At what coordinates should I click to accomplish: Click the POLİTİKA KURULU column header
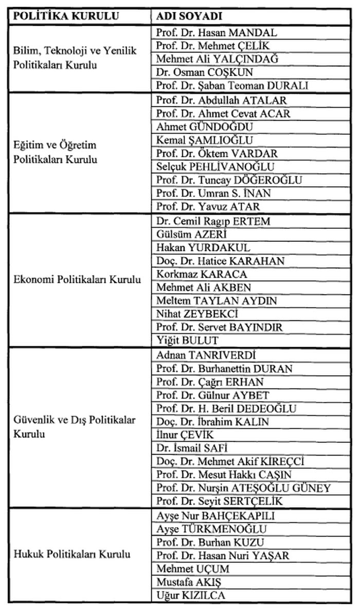66,15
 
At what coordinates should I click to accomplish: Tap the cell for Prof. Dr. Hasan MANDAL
217,32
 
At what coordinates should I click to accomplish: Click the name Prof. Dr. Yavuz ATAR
208,207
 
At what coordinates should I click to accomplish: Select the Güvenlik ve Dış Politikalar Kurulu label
75,427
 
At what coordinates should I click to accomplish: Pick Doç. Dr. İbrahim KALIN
212,422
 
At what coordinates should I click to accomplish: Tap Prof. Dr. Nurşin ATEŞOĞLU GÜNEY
243,488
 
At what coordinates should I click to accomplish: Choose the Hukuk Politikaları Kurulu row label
72,554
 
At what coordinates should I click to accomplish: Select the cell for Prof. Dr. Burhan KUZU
210,542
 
